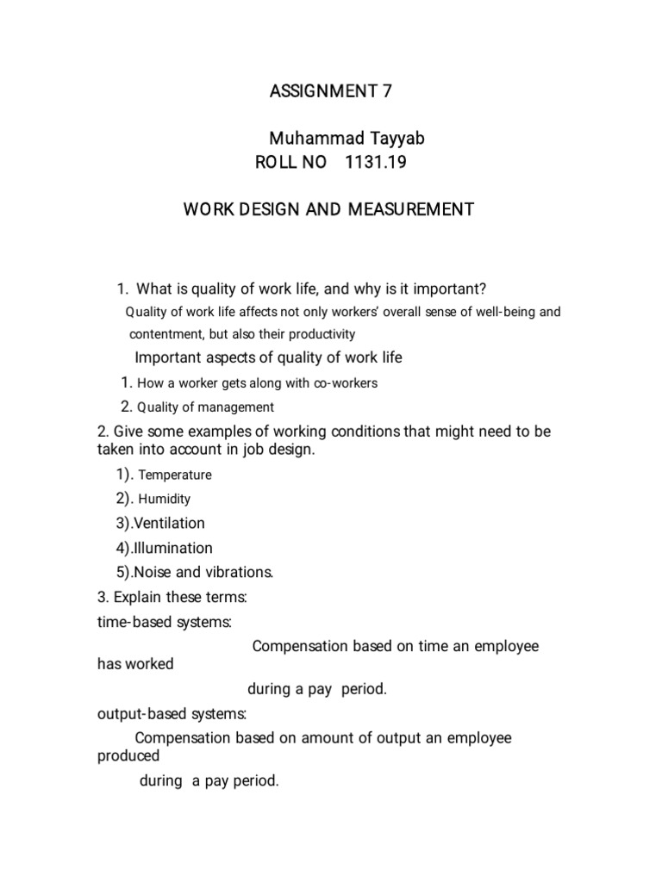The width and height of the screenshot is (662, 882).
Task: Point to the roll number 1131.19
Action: (375, 164)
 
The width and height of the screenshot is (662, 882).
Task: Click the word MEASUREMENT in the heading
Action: (411, 209)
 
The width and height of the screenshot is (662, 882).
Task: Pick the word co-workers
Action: (347, 383)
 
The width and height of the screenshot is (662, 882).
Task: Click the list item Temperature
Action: (175, 475)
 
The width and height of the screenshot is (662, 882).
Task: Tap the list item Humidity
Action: (165, 499)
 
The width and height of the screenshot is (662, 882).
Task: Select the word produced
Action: (128, 755)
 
